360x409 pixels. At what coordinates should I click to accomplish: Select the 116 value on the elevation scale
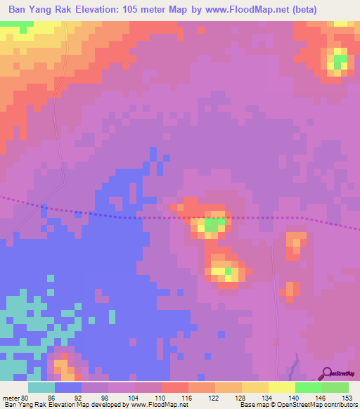[188, 397]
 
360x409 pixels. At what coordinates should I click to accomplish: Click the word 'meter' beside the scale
[11, 397]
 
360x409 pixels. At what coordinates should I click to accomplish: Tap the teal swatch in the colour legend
[41, 387]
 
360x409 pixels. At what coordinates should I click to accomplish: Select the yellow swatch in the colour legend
[281, 387]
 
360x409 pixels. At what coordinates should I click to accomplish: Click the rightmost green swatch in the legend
[335, 387]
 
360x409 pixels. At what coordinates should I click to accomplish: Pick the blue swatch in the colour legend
[68, 387]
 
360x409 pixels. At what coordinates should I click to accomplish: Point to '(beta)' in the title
[301, 10]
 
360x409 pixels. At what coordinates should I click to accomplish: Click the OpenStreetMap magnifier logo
[328, 372]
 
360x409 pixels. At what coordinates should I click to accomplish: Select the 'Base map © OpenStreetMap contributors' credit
[297, 405]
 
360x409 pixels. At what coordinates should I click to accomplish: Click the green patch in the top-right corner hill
[340, 60]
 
